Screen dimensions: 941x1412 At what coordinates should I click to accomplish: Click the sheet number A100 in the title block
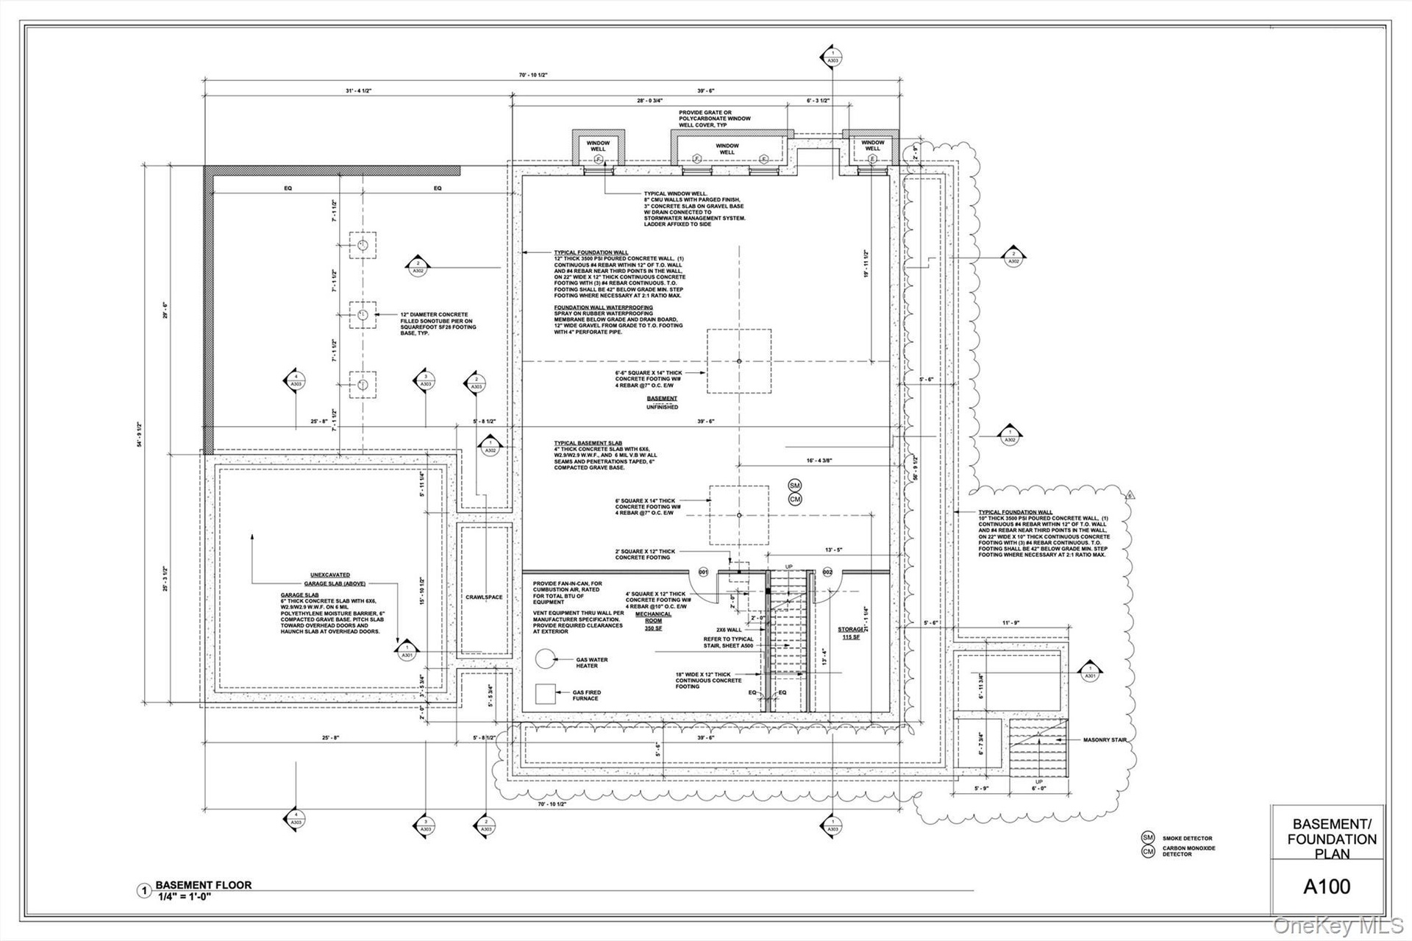click(x=1327, y=887)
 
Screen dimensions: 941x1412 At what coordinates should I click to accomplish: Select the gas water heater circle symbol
click(x=545, y=658)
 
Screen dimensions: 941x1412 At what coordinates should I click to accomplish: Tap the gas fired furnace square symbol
click(x=545, y=694)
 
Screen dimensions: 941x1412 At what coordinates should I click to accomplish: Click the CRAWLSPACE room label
click(x=484, y=597)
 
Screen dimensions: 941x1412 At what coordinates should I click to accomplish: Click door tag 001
click(x=703, y=572)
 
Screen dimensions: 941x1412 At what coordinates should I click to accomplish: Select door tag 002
click(x=827, y=572)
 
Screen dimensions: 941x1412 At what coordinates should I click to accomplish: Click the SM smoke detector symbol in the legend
click(x=1147, y=837)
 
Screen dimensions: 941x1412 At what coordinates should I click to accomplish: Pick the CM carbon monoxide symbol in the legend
click(x=1147, y=851)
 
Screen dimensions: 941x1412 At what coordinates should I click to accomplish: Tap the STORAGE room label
click(x=850, y=630)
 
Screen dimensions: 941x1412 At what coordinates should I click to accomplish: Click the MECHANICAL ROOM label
click(x=653, y=617)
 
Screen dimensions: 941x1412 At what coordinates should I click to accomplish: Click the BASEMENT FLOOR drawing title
click(x=203, y=885)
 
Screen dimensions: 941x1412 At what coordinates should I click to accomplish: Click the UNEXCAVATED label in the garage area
click(x=329, y=575)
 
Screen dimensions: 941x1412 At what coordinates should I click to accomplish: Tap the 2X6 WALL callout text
click(x=729, y=630)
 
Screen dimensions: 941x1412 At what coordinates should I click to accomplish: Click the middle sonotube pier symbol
click(x=363, y=315)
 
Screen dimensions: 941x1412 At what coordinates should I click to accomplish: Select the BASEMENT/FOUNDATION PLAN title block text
click(x=1331, y=839)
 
